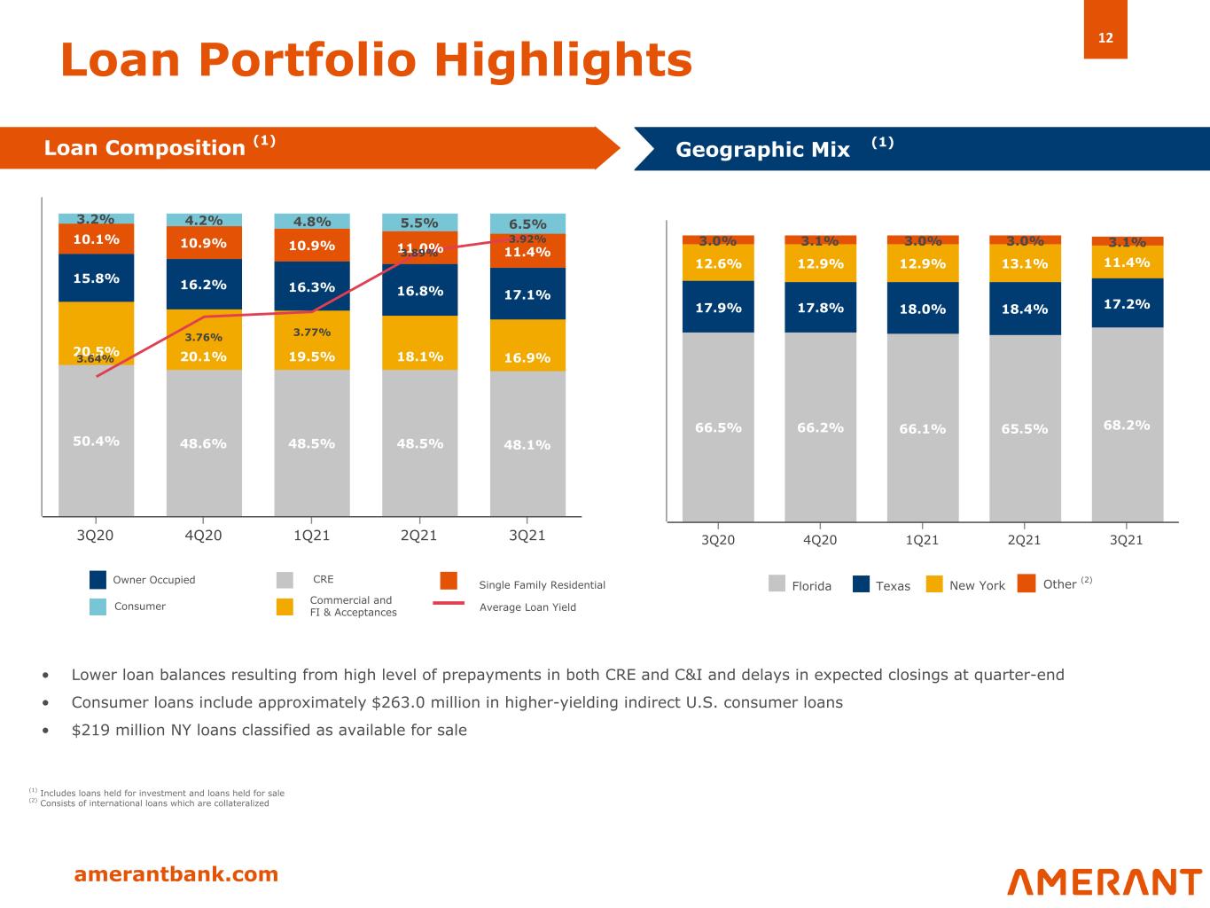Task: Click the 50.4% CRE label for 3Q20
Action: point(96,441)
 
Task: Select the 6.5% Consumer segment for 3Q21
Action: point(527,224)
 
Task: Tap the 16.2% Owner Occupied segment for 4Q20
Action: point(204,285)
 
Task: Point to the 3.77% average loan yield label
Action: point(312,333)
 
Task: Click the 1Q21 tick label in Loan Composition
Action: point(311,536)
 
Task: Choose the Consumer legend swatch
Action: point(98,607)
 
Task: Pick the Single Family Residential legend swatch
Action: point(449,581)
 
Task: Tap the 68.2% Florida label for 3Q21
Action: point(1127,426)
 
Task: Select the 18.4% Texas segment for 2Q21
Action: point(1024,309)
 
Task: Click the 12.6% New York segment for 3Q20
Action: point(717,263)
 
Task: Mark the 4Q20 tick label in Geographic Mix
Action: point(820,539)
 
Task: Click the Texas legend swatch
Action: point(861,584)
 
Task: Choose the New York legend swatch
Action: point(934,584)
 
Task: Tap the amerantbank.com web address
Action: point(176,874)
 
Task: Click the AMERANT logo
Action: point(1104,881)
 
